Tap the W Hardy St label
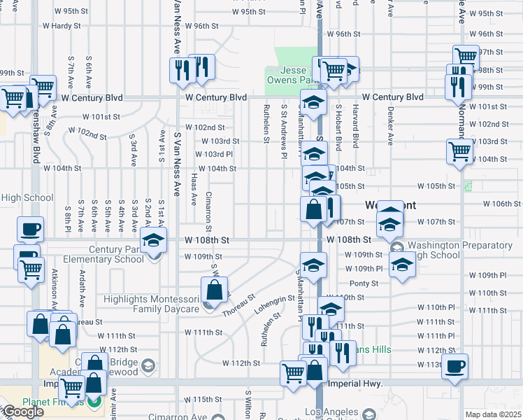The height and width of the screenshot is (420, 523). [62, 26]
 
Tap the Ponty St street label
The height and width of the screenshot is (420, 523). [364, 283]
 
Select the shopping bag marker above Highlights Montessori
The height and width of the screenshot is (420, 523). [214, 290]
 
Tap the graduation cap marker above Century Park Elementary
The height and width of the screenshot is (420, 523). [153, 240]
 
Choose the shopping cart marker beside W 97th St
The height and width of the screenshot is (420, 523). [465, 57]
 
